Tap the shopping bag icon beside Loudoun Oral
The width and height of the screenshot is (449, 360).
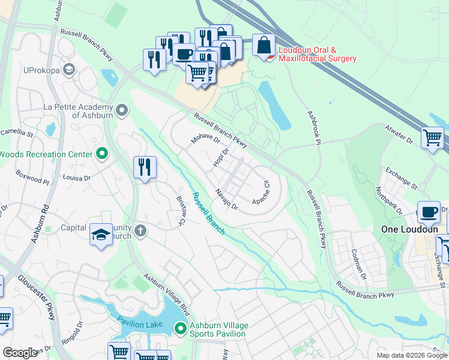click(x=264, y=45)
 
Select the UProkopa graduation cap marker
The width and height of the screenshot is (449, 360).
click(x=69, y=70)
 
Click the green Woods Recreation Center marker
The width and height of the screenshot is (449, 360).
click(x=102, y=154)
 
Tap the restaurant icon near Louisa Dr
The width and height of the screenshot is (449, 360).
click(x=145, y=167)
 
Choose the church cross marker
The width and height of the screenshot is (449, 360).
click(x=140, y=232)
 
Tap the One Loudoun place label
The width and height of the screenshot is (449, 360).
click(x=406, y=229)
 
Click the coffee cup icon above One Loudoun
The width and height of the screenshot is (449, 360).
click(x=429, y=212)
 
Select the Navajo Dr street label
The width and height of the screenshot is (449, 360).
click(x=228, y=200)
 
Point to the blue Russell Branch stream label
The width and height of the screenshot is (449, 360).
click(x=207, y=212)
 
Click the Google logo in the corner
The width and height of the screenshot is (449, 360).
click(x=20, y=352)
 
